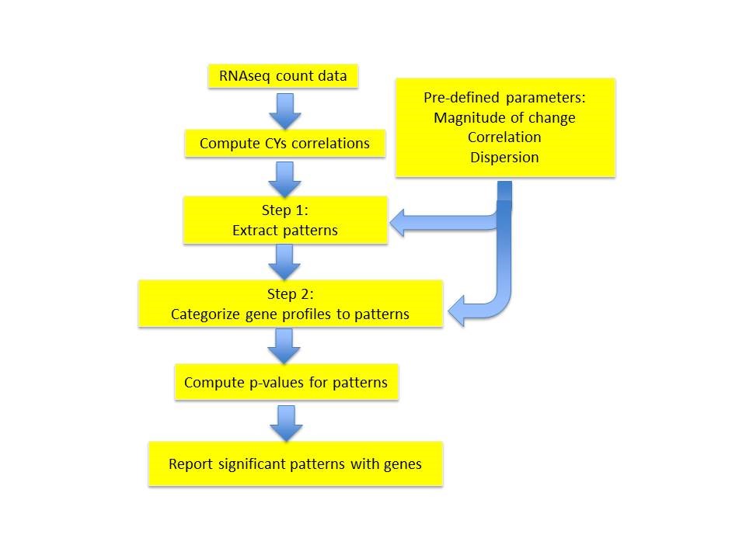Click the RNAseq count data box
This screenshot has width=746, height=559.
point(283,77)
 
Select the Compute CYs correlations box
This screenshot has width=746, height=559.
point(284,144)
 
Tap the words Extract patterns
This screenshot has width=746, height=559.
point(284,231)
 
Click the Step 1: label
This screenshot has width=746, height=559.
point(284,210)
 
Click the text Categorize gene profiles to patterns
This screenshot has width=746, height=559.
point(290,315)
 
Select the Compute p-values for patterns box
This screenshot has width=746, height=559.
point(286,383)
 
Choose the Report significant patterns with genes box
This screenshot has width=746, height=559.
point(295,464)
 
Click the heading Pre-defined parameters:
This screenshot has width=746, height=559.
point(505,99)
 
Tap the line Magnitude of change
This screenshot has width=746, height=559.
point(505,118)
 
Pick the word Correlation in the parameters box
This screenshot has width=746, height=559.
point(505,137)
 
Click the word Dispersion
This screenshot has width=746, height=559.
point(505,156)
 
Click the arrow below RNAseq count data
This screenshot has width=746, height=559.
point(284,111)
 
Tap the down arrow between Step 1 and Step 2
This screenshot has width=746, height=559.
point(284,262)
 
